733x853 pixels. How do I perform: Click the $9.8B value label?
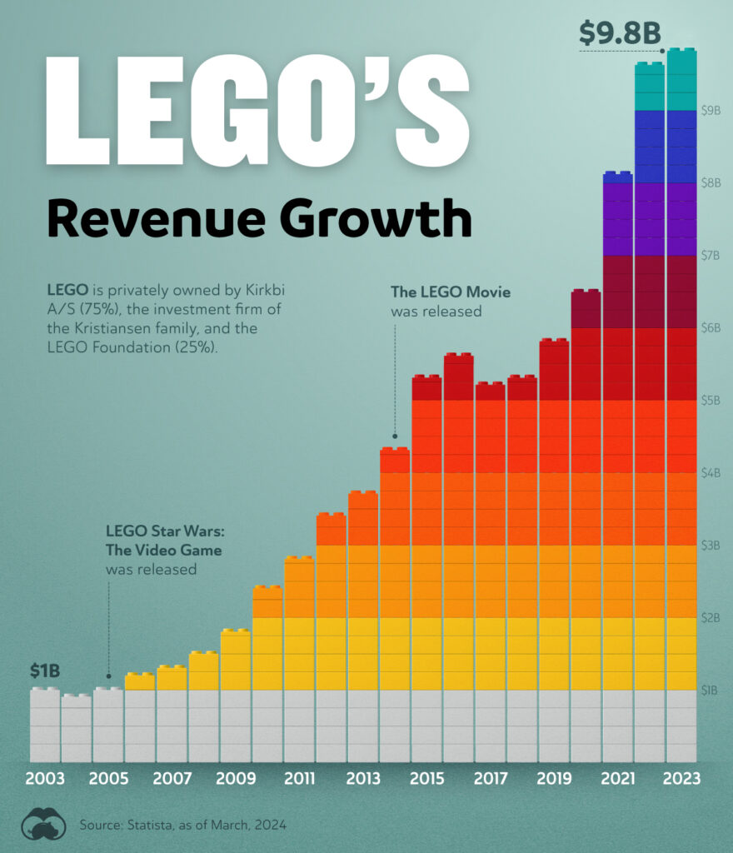click(x=620, y=33)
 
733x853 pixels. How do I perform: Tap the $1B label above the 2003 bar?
click(x=45, y=671)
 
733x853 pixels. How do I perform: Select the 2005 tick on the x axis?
click(x=108, y=779)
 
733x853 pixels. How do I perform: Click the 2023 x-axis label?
click(x=681, y=779)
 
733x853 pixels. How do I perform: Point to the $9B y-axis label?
click(x=711, y=110)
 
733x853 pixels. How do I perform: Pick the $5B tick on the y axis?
click(x=711, y=401)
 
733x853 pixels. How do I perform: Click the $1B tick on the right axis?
click(x=711, y=690)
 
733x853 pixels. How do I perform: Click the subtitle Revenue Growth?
click(x=258, y=218)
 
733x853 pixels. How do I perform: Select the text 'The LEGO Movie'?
click(x=451, y=292)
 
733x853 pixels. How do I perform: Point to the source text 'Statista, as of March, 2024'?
click(x=204, y=825)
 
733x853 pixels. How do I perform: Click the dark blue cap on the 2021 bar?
click(x=617, y=177)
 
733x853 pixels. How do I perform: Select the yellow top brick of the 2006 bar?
click(x=139, y=681)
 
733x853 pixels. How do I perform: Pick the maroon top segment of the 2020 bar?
click(x=586, y=309)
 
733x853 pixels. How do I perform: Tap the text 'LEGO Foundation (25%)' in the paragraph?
click(x=132, y=347)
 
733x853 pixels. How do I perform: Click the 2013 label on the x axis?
click(x=362, y=779)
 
